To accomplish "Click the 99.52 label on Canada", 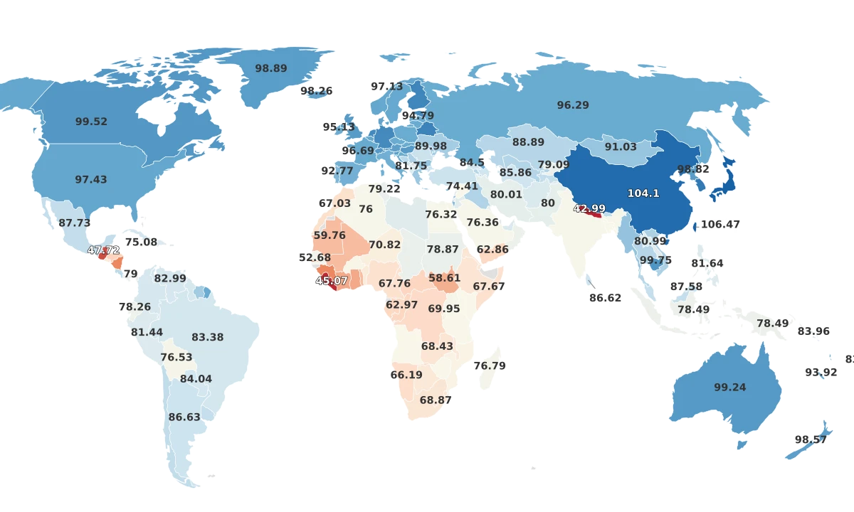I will tap(91, 122).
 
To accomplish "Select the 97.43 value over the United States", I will tap(91, 180).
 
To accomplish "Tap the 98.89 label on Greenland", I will tap(271, 68).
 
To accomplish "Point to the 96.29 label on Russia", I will tap(573, 105).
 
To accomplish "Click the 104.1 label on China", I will tap(643, 193).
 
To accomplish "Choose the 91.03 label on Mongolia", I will tap(621, 146).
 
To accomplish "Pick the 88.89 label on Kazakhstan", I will tap(528, 142).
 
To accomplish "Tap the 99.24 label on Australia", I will tap(730, 388).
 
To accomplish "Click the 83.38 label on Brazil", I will tap(208, 337).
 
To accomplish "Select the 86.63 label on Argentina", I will tap(184, 417).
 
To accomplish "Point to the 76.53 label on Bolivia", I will tap(176, 357).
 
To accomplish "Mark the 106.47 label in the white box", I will tap(720, 224).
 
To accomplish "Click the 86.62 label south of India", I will tap(606, 298).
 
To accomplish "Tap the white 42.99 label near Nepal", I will tap(589, 208).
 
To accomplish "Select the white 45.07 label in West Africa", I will tap(332, 281).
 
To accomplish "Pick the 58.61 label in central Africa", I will tap(444, 278).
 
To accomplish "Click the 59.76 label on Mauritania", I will tap(330, 235).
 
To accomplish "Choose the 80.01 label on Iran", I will tap(506, 194).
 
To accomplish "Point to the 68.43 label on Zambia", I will tap(437, 346).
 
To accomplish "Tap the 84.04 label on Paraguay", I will tap(196, 379).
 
